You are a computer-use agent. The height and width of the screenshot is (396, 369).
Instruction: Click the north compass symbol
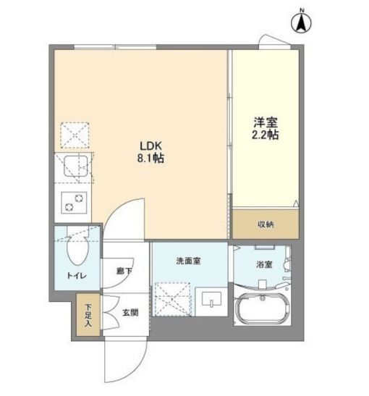pos(301,22)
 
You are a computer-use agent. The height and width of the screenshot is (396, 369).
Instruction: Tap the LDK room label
pos(150,146)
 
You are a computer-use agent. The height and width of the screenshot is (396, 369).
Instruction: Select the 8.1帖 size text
pos(150,158)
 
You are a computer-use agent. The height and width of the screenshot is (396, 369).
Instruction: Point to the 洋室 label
pos(266,122)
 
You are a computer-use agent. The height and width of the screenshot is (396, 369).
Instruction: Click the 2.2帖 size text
pos(266,135)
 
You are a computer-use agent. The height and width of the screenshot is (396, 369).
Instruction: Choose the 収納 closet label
pos(266,224)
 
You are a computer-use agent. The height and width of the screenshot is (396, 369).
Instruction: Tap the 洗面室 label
pos(189,261)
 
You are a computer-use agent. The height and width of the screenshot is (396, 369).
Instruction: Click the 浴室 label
pos(264,264)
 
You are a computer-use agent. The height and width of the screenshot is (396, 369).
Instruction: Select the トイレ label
pos(77,276)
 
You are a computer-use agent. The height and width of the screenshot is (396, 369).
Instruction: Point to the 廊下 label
pos(124,271)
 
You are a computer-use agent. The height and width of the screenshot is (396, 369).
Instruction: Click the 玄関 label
pos(130,313)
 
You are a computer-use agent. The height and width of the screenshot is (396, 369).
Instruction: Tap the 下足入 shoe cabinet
pos(88,315)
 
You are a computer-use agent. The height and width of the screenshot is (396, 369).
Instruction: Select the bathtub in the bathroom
pos(262,309)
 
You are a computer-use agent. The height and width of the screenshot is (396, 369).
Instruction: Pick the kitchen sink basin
pos(76,166)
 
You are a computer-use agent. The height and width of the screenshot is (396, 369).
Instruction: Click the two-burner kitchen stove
pos(74,203)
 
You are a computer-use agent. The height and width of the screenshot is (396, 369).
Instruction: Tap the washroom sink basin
pos(211,299)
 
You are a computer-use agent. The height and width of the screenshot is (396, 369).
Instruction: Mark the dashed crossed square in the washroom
pos(173,299)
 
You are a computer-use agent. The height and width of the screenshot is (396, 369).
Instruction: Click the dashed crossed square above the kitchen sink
pos(75,135)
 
